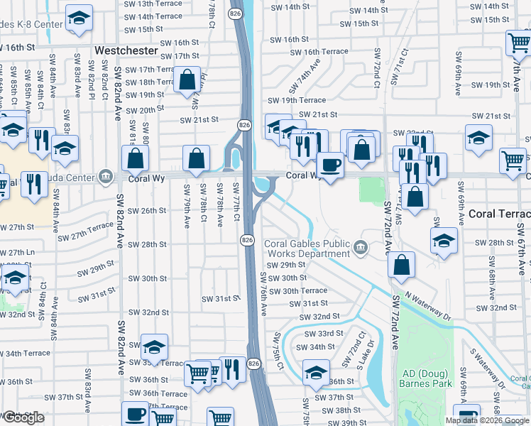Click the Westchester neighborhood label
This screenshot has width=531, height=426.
coord(126,51)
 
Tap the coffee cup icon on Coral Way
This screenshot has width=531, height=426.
coord(330,165)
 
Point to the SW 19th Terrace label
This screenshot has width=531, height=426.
coord(302,101)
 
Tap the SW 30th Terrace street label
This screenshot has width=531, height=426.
coord(305,290)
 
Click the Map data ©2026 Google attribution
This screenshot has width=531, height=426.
coord(487,420)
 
